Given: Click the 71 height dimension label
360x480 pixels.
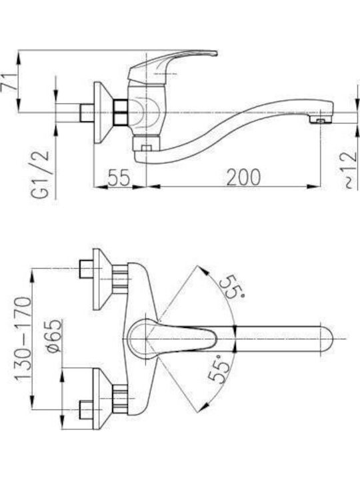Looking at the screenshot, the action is [9, 81].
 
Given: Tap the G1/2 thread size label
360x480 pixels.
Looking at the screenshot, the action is [40, 174].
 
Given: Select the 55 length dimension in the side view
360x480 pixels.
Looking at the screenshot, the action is [119, 177].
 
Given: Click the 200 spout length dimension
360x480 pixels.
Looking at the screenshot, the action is [243, 177].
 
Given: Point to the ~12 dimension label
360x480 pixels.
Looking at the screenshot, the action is [349, 170].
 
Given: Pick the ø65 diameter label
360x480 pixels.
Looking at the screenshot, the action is [55, 336].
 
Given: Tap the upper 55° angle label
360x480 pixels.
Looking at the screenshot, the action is [233, 287].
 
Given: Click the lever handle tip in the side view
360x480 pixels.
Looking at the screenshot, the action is [215, 53].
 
